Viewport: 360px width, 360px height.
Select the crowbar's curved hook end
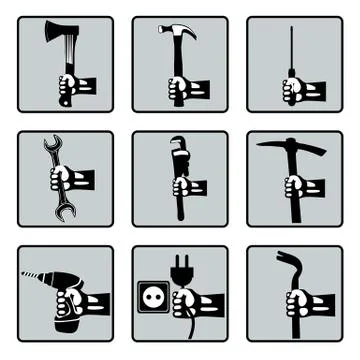[285, 262]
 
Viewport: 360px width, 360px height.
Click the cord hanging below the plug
[183, 325]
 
